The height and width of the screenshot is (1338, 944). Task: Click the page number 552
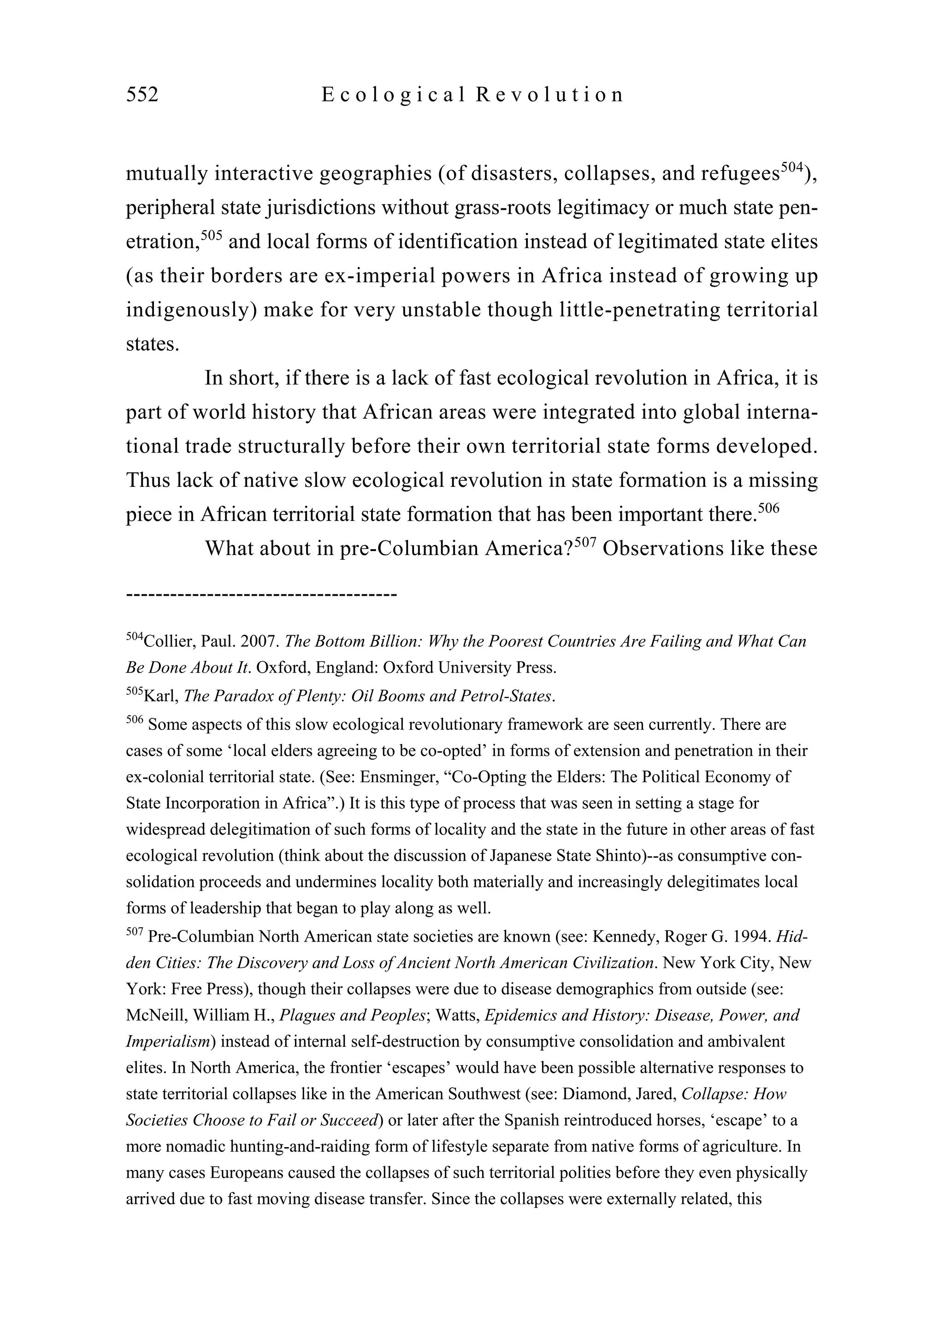click(142, 95)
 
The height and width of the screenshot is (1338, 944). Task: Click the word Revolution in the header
click(549, 95)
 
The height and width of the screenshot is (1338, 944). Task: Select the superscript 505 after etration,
click(212, 236)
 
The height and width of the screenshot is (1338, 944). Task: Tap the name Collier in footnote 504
click(168, 642)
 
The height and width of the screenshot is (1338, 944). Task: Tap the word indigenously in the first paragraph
click(191, 310)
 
